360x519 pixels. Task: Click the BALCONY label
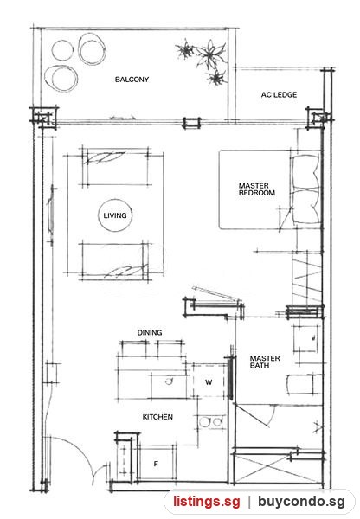coord(132,80)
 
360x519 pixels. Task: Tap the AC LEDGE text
coord(279,94)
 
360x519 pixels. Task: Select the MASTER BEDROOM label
coord(257,189)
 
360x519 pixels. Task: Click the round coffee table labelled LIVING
coord(115,215)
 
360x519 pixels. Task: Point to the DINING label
coord(150,332)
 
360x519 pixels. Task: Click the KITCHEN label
coord(157,417)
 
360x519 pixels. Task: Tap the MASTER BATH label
coord(265,362)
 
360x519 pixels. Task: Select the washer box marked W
coord(209,382)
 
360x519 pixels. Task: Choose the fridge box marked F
coord(156,464)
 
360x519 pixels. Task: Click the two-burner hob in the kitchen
coord(210,422)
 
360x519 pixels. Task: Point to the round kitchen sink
coord(169,381)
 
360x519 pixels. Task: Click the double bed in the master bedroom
coord(270,189)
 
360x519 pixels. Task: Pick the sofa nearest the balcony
coord(115,166)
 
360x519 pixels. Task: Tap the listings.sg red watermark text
coord(206,502)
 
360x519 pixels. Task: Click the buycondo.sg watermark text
coord(301,502)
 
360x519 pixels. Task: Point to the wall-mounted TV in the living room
coord(52,215)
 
